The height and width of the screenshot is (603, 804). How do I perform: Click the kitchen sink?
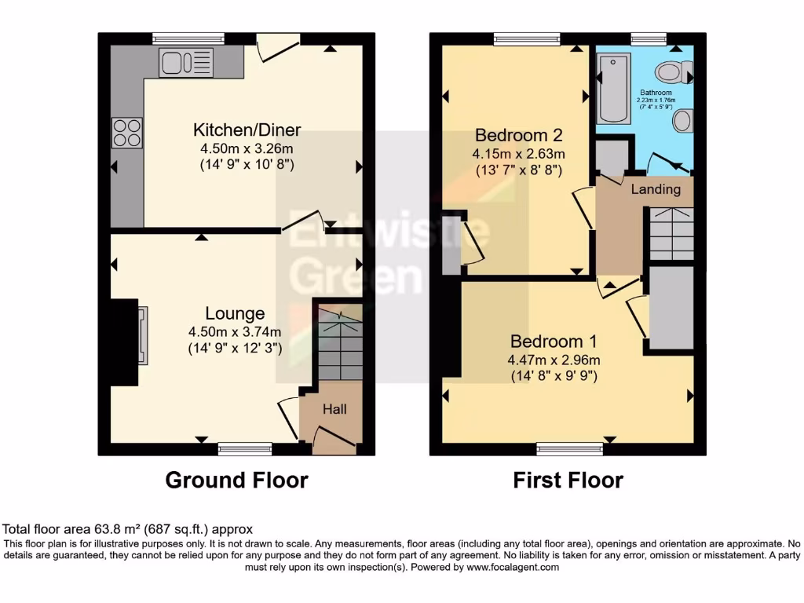[185, 63]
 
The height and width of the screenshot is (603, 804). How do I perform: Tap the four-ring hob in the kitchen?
[127, 133]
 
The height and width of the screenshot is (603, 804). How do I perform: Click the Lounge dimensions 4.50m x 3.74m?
[235, 331]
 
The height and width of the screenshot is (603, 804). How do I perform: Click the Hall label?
[335, 409]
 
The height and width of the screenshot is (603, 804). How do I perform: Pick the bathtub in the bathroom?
[613, 88]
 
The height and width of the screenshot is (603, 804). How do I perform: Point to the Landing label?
[656, 189]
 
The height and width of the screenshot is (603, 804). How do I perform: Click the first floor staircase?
[671, 233]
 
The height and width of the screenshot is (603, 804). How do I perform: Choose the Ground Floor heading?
[236, 480]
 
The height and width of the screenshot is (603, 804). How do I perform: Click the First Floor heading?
[568, 480]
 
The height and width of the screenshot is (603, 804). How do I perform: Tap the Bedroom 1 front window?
[570, 449]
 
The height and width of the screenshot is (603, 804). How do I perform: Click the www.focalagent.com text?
[513, 567]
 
